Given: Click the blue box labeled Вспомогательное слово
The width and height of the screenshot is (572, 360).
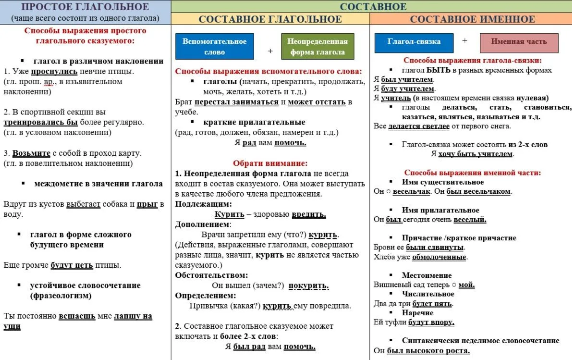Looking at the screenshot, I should pos(214,46).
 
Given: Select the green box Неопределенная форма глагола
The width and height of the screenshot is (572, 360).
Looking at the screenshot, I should pos(317,46).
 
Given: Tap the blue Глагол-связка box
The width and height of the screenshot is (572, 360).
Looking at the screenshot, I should pos(414,42).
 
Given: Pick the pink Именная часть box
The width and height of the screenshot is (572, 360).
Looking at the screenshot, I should pos(519,42).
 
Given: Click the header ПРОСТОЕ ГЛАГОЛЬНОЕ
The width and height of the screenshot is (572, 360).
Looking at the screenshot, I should pos(85,7).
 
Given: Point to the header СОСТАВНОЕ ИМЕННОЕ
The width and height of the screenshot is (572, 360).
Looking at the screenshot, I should pos(472,19).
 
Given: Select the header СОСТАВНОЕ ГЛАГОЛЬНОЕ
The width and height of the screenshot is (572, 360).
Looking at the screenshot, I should pos(270,19).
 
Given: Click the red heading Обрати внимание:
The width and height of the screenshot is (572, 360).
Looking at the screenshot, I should pos(270,163).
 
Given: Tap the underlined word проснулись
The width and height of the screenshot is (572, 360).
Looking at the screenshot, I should pos(54,72).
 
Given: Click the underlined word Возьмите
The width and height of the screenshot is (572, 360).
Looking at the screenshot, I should pos(31,153).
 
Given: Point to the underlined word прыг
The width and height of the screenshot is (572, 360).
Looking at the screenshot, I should pos(147,204).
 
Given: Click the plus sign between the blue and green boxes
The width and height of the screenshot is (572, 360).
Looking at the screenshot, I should pos(270,51).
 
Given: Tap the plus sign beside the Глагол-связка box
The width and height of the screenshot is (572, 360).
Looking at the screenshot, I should pos(464,41).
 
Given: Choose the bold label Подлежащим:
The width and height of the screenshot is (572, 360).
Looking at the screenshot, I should pos(197,204).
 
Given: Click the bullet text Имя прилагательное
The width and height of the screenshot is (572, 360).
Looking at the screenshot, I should pos(440,210).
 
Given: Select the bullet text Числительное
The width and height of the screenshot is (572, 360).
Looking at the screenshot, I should pos(428,294).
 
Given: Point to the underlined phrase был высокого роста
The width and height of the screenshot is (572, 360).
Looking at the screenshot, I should pos(428,351).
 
